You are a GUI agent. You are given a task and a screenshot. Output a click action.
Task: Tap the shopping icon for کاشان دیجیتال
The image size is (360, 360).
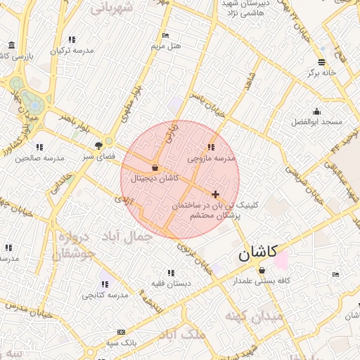tap(155, 168)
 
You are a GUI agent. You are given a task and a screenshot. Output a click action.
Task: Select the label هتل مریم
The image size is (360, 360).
tap(166, 46)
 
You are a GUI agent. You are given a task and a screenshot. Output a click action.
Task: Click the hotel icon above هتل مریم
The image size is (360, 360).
tap(165, 35)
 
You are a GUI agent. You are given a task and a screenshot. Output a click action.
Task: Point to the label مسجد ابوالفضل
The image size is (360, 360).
tap(316, 122)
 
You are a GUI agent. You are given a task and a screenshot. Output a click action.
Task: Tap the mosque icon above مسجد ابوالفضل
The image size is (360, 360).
tap(316, 111)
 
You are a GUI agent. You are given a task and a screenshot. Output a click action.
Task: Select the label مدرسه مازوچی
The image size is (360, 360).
tap(211, 159)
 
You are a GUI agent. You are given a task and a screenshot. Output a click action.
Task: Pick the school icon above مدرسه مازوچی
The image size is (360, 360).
tap(211, 148)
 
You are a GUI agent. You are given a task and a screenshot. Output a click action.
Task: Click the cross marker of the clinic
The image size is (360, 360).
tap(215, 193)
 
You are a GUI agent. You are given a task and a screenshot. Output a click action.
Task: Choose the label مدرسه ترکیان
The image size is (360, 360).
tap(72, 51)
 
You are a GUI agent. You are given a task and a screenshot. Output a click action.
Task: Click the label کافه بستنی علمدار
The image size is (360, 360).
tap(262, 281)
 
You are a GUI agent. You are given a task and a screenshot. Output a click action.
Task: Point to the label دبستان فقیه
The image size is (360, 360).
tap(170, 284)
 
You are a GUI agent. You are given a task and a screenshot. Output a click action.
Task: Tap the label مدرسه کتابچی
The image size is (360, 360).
tap(105, 295)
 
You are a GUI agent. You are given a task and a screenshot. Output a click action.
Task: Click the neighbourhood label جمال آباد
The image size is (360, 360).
tap(127, 237)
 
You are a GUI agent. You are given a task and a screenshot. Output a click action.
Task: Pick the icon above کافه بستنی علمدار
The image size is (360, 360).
tap(262, 271)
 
